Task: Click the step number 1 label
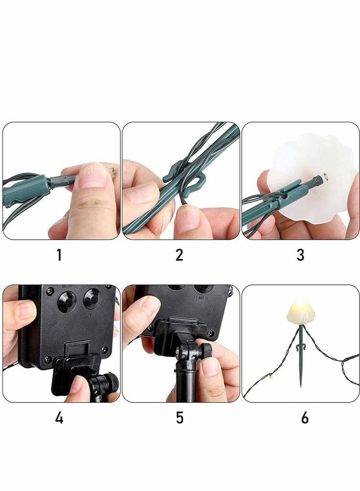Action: tap(59, 255)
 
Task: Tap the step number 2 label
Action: tap(179, 255)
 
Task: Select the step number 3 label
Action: tap(300, 255)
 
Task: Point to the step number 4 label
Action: tap(59, 418)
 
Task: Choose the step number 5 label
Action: tap(180, 418)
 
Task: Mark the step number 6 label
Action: tap(305, 418)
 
